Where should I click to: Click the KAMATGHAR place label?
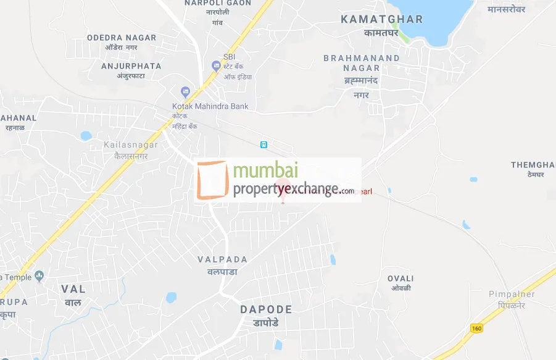tap(382, 20)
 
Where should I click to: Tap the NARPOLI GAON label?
tap(218, 3)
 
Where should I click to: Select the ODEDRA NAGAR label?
tap(122, 38)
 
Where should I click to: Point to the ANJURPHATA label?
tap(131, 66)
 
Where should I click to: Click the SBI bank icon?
tap(216, 65)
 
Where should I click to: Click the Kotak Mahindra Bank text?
tap(210, 106)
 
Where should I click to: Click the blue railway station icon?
tap(263, 145)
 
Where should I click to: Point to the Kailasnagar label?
tap(131, 145)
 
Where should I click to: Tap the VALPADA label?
tap(222, 259)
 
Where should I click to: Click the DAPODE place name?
tap(266, 309)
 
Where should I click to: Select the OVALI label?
tap(400, 278)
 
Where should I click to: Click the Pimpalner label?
tap(512, 295)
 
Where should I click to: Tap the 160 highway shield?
tap(476, 327)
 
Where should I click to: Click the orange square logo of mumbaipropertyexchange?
tap(212, 180)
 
